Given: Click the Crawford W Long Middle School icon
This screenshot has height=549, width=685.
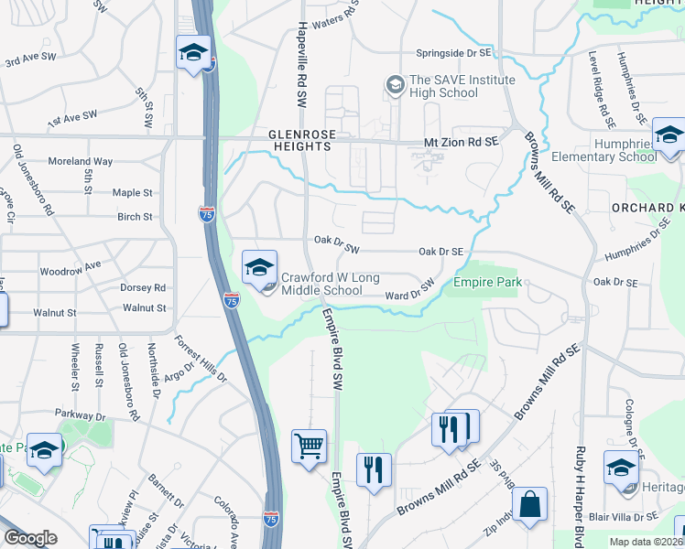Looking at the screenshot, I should (x=259, y=268).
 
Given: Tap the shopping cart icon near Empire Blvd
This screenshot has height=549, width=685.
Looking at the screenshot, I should (x=309, y=447).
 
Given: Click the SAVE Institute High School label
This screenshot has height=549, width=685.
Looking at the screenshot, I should (x=444, y=86).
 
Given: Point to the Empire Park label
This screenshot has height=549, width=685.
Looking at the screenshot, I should (x=488, y=282).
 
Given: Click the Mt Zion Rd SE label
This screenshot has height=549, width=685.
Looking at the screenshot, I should (x=461, y=141).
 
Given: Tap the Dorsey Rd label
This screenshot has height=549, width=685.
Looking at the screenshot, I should (x=142, y=287).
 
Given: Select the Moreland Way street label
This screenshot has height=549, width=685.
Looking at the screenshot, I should (x=82, y=161).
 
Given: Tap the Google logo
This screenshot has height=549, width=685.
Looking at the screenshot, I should (x=30, y=538).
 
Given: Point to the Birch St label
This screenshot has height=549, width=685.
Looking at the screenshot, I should (x=135, y=217).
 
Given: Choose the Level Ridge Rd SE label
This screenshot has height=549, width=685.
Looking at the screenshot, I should (x=605, y=102).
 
